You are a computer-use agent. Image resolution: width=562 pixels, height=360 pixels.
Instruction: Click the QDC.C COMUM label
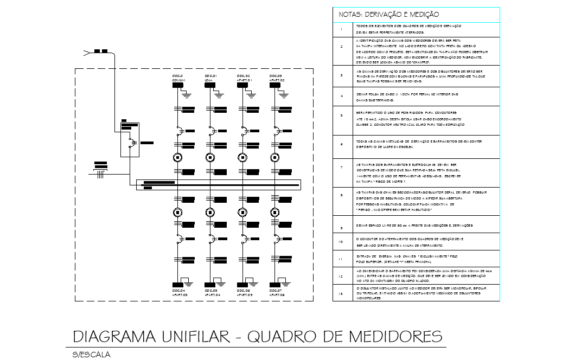(x=178, y=78)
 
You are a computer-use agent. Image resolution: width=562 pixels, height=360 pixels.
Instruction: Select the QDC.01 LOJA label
(x=211, y=78)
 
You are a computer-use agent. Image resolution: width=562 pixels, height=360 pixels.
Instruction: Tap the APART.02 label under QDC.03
(x=277, y=80)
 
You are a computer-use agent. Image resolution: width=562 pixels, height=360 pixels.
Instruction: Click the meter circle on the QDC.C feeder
(x=177, y=158)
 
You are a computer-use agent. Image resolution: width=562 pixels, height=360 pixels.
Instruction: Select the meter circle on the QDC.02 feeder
(x=242, y=158)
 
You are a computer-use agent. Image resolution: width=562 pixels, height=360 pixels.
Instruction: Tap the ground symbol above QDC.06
(x=250, y=281)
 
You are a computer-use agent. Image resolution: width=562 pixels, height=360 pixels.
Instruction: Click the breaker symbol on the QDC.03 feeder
(x=277, y=131)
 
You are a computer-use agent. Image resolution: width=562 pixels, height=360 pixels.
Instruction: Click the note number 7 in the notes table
(x=341, y=167)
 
